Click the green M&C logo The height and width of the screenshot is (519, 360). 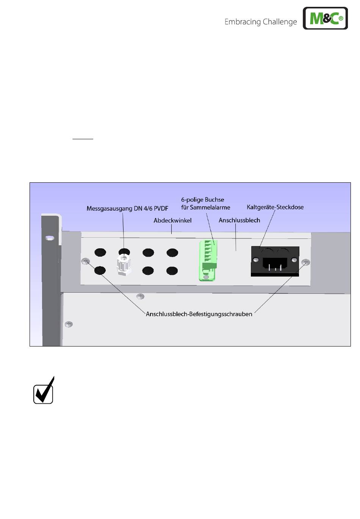point(325,18)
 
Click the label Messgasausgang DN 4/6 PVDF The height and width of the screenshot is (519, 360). point(127,209)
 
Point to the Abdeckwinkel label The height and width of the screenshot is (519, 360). point(172,220)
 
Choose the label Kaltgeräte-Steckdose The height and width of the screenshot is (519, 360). point(275,207)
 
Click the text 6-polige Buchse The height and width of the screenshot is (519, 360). point(203,200)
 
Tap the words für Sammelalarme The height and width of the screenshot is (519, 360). point(206,207)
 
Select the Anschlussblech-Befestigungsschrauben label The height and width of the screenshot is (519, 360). point(199,314)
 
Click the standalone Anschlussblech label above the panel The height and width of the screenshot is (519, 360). point(239,220)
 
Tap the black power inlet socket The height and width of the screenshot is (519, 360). point(275,261)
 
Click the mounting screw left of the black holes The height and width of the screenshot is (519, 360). point(86,261)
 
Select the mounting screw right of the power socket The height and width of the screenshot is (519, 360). point(305,262)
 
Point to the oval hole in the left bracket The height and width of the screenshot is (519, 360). point(49,238)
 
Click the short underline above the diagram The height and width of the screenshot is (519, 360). point(83,139)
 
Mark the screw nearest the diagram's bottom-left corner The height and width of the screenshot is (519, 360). point(69,324)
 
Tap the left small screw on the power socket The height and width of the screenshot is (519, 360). point(256,260)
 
